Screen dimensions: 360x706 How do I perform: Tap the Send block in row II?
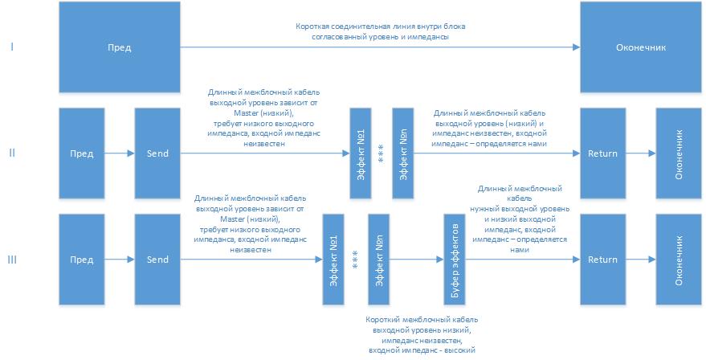pyautogui.click(x=157, y=153)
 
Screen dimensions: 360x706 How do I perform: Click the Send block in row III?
pyautogui.click(x=157, y=260)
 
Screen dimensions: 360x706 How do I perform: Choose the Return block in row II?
pyautogui.click(x=602, y=153)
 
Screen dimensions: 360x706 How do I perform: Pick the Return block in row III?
pyautogui.click(x=602, y=260)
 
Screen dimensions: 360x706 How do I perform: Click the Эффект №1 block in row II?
pyautogui.click(x=361, y=153)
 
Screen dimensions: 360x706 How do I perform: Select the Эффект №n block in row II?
pyautogui.click(x=404, y=153)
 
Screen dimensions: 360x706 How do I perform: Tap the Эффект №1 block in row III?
pyautogui.click(x=333, y=260)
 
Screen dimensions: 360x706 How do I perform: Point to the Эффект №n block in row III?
pyautogui.click(x=379, y=260)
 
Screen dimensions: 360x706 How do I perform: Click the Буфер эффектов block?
pyautogui.click(x=455, y=260)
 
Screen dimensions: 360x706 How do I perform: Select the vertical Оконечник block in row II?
pyautogui.click(x=679, y=153)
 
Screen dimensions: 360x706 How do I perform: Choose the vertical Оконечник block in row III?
pyautogui.click(x=679, y=260)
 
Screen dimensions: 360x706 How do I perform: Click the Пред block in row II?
pyautogui.click(x=82, y=153)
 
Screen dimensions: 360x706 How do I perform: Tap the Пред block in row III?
pyautogui.click(x=82, y=260)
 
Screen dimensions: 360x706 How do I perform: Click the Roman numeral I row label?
pyautogui.click(x=11, y=47)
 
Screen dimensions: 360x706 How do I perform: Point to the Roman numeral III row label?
pyautogui.click(x=11, y=260)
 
